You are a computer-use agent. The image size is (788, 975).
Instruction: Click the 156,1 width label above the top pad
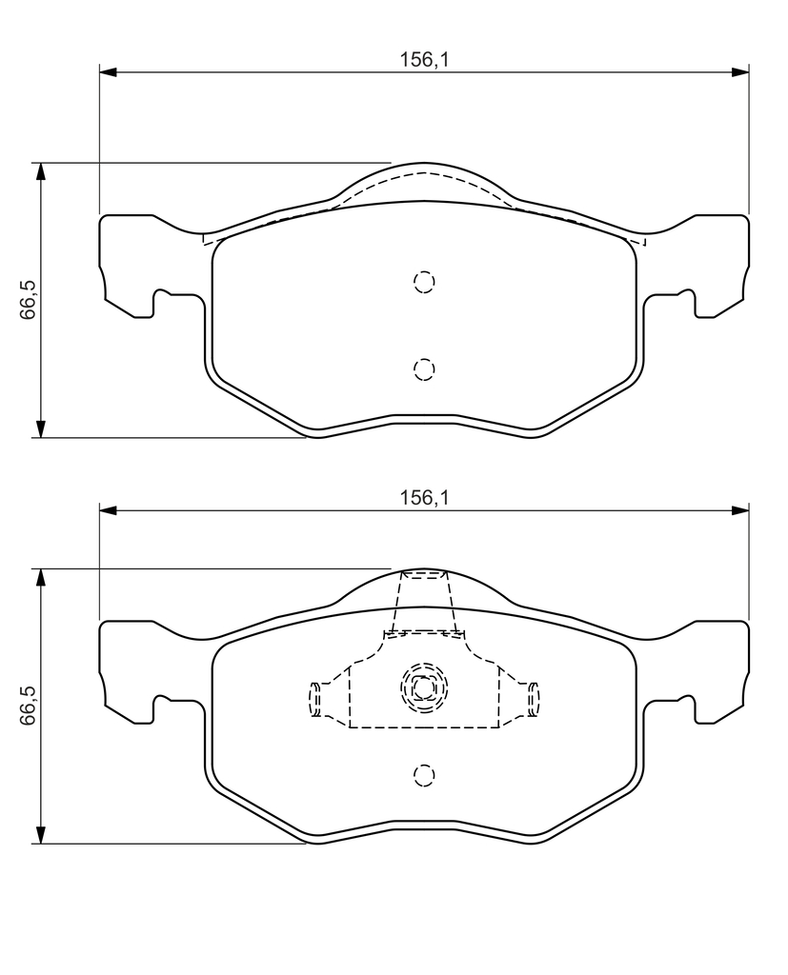pos(424,60)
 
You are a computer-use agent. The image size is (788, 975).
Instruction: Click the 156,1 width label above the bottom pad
pos(424,497)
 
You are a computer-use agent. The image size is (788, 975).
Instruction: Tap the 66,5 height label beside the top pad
pos(28,300)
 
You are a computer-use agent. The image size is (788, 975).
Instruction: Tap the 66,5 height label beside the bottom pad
pos(28,706)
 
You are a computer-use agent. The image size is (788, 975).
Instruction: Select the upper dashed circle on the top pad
pos(424,282)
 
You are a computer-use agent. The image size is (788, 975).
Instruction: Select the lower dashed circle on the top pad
pos(424,369)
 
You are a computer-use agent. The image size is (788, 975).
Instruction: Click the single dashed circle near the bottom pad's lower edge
pos(424,775)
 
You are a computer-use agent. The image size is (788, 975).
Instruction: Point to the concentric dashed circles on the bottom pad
pos(424,687)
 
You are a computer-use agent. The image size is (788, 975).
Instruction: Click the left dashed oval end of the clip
pos(315,699)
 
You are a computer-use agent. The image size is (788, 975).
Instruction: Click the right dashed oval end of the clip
pos(534,699)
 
